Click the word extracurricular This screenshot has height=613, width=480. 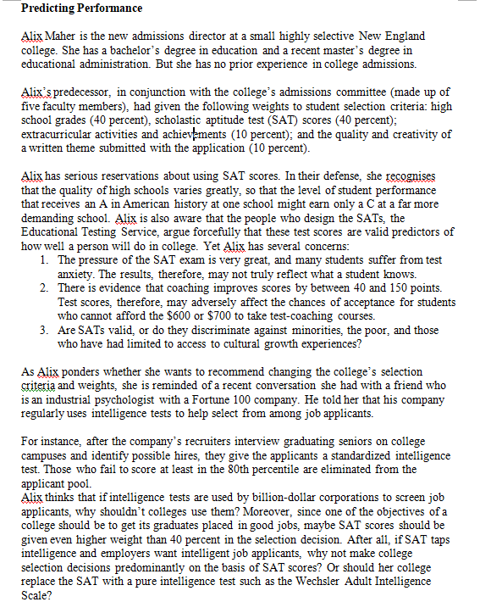coord(58,133)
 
